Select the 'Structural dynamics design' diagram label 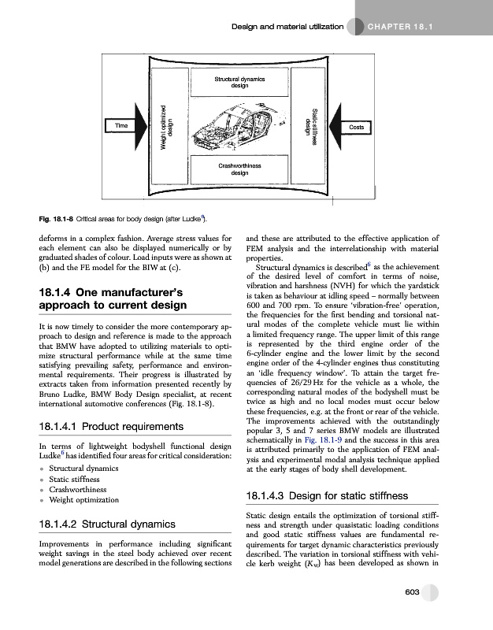tap(239, 83)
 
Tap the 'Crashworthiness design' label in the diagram tap(239, 169)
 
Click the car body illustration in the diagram tap(239, 126)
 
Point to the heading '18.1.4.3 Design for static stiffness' tap(338, 495)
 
